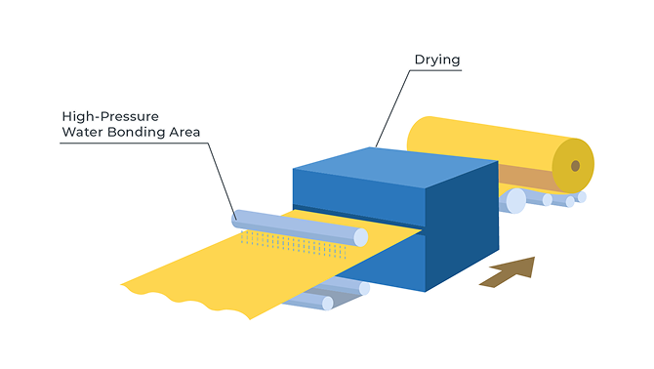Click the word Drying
pyautogui.click(x=437, y=61)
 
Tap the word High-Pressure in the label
pyautogui.click(x=110, y=116)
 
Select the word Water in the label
pyautogui.click(x=83, y=132)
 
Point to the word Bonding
pyautogui.click(x=137, y=133)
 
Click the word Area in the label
pyautogui.click(x=184, y=132)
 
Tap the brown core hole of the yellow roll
pyautogui.click(x=575, y=166)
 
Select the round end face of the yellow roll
pyautogui.click(x=573, y=166)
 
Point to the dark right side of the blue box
pyautogui.click(x=462, y=225)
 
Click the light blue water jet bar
pyautogui.click(x=300, y=228)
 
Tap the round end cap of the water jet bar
pyautogui.click(x=361, y=237)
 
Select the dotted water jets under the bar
pyautogui.click(x=294, y=245)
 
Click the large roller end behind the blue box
pyautogui.click(x=515, y=201)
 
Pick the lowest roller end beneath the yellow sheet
pyautogui.click(x=328, y=304)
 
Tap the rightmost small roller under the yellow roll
pyautogui.click(x=582, y=197)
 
